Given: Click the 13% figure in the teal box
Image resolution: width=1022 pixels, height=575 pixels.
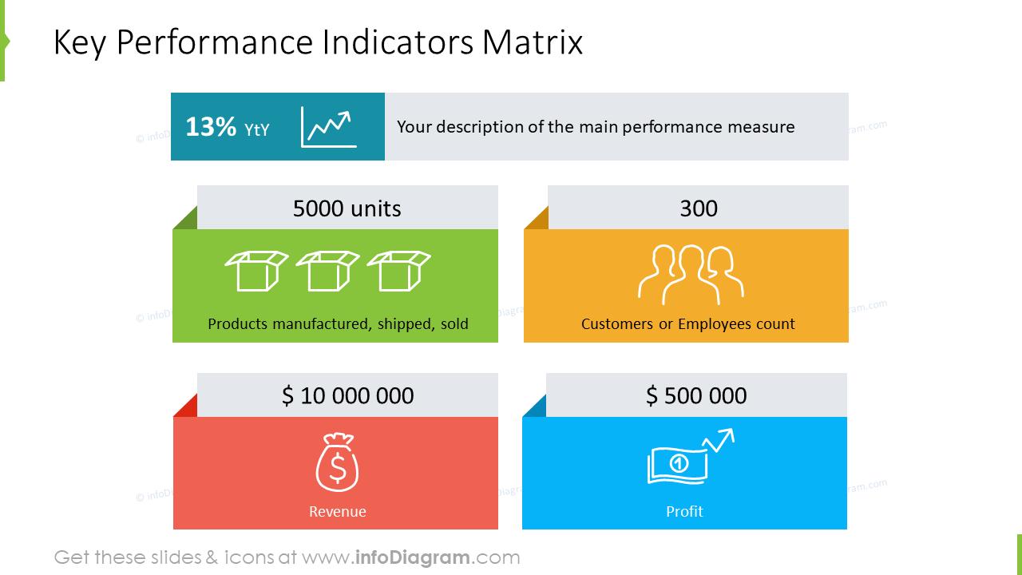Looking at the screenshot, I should click(x=211, y=127).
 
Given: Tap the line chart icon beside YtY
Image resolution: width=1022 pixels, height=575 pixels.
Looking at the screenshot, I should click(x=328, y=127).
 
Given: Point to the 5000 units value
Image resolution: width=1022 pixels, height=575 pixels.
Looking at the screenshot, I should click(x=347, y=208).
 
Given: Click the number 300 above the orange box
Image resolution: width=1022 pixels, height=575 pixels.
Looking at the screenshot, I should click(x=699, y=208).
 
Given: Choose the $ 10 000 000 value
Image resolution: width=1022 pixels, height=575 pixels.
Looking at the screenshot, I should click(x=348, y=395).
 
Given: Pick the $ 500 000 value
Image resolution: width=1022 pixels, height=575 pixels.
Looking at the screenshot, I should click(x=696, y=395).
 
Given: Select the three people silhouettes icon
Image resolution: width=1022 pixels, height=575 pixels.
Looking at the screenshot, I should click(x=691, y=274).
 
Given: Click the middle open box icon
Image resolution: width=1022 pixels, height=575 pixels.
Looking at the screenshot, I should click(x=327, y=270).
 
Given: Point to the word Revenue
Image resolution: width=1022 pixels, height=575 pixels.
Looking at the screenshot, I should click(x=337, y=511).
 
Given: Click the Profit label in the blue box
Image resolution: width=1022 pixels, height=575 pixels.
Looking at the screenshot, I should click(x=684, y=511).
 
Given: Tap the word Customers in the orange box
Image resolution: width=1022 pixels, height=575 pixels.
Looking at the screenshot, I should click(x=616, y=324).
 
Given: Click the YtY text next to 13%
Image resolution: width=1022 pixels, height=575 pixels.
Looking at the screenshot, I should click(x=256, y=129).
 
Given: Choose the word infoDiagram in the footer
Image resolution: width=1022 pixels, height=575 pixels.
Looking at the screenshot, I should click(x=410, y=557).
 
